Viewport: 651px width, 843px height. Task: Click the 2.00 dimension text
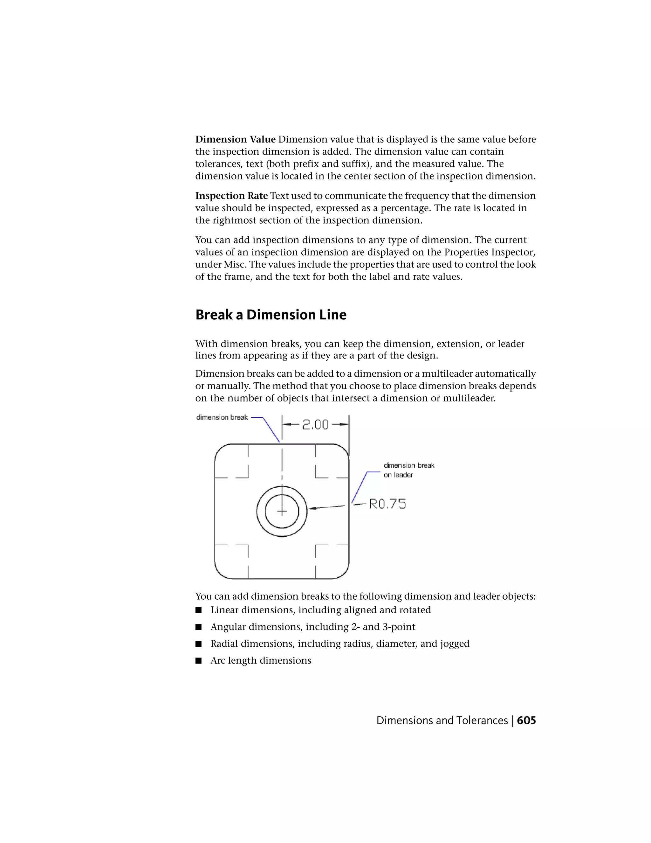coord(315,425)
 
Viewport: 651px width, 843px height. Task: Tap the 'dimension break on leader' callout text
coord(408,470)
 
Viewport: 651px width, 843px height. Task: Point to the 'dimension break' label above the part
coord(222,418)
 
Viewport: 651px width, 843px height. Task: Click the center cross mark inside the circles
coord(282,512)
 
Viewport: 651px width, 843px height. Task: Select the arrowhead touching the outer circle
coord(311,508)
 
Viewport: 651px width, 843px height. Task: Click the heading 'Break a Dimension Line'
coord(271,315)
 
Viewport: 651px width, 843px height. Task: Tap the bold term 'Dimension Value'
coord(235,139)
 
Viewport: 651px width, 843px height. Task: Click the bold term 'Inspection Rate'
coord(231,196)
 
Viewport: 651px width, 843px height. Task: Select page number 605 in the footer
coord(526,721)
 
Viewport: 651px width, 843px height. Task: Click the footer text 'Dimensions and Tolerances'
coord(442,721)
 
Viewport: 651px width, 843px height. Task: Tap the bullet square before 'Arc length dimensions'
coord(199,661)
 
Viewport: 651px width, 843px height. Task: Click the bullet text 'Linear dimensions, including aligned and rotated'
coord(320,610)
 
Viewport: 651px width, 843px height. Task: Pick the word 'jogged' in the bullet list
coord(456,644)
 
